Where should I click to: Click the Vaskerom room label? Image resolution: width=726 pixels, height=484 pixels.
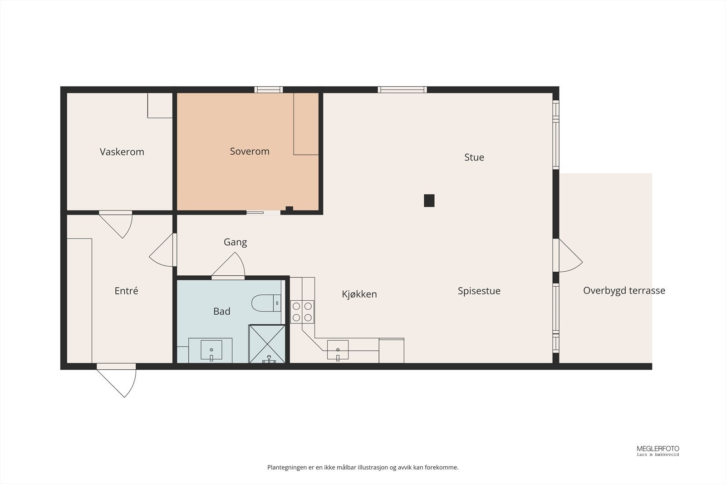tap(122, 152)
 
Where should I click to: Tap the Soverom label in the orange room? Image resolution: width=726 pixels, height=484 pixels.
tap(250, 152)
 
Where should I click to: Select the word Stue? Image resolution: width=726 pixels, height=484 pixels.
tap(474, 157)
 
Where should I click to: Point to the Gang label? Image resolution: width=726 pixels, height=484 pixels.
tap(235, 242)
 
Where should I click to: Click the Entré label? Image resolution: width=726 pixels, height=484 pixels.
tap(126, 291)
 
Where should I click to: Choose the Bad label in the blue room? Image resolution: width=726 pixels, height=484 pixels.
tap(221, 312)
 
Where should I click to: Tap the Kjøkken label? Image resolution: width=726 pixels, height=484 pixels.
tap(359, 294)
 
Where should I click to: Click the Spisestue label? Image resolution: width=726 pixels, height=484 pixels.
tap(479, 291)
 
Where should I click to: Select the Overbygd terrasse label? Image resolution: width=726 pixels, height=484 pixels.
tap(624, 291)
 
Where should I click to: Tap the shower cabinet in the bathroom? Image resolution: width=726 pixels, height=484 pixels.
tap(267, 344)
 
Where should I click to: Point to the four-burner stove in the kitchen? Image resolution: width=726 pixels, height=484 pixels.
tap(302, 312)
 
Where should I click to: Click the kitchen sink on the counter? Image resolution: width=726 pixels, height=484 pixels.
tap(338, 350)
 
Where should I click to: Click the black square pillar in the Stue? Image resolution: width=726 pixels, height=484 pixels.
tap(429, 200)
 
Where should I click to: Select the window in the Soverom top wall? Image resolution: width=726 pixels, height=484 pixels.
tap(269, 89)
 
